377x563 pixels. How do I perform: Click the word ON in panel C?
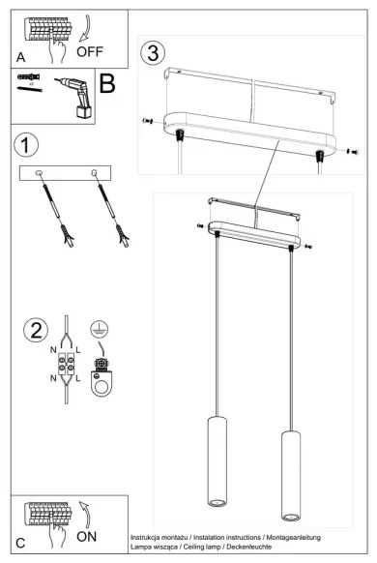[x=88, y=533]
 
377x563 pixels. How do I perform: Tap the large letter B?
[x=107, y=83]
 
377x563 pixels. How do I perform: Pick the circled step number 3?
[x=153, y=50]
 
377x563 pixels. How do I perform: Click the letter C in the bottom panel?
[x=21, y=543]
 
